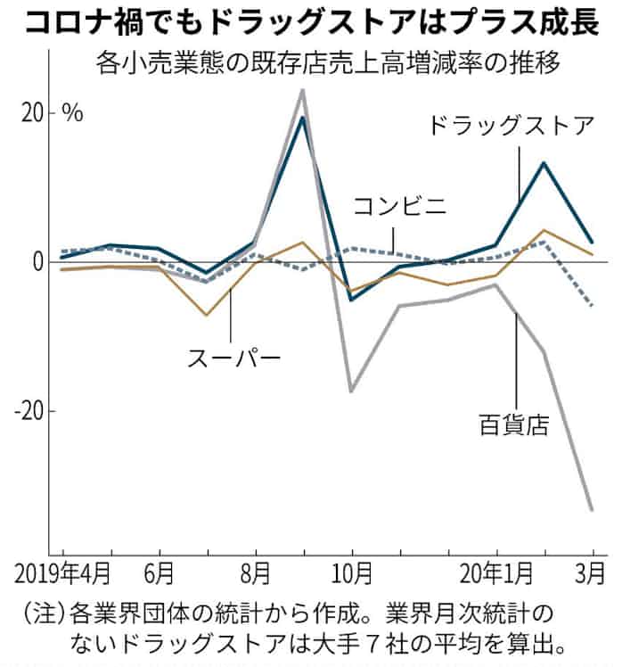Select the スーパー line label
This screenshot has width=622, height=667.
coord(233,358)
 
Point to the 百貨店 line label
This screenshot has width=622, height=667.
coord(512,419)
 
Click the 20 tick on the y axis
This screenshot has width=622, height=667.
coord(33,113)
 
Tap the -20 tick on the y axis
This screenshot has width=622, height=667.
coord(29,411)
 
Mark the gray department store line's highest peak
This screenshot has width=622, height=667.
coord(303,90)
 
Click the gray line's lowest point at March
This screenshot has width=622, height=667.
coord(593,510)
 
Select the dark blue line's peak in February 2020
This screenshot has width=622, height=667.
coord(544,162)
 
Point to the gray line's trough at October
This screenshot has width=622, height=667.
coord(351,391)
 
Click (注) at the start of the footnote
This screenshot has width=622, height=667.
coord(39,614)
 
